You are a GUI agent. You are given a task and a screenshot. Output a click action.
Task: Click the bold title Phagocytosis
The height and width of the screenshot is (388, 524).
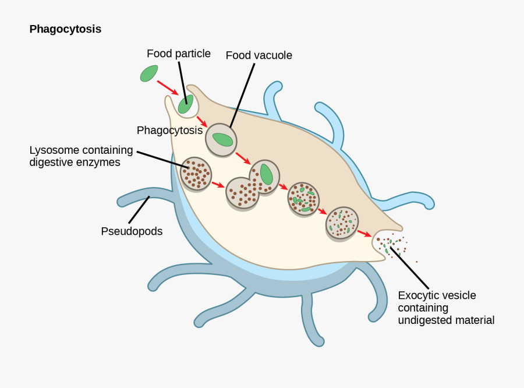[65, 29]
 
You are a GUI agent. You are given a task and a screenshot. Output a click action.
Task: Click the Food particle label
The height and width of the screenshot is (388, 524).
[178, 54]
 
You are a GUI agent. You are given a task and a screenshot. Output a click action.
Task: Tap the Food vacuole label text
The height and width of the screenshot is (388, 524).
[259, 55]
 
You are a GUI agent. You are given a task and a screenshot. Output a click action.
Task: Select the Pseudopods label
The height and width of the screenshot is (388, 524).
[132, 231]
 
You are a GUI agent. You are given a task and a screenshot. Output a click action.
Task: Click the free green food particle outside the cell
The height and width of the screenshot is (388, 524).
[149, 73]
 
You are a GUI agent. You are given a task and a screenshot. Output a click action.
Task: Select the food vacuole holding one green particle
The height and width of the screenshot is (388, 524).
[221, 140]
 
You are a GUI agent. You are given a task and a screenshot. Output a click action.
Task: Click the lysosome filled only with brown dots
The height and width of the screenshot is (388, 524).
[195, 174]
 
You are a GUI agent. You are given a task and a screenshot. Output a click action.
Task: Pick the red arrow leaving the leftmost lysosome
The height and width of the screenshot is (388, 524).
[218, 185]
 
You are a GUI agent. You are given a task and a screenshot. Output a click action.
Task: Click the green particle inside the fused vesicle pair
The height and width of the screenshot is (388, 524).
[266, 174]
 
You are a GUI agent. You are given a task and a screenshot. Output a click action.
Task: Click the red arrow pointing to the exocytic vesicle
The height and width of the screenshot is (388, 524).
[364, 234]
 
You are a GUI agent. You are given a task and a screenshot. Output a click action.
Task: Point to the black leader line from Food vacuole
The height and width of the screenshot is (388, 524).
[242, 93]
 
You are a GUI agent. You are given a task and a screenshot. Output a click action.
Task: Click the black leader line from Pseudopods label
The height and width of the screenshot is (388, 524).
[139, 209]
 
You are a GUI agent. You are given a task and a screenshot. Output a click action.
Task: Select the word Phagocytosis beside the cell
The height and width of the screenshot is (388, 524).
[169, 130]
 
